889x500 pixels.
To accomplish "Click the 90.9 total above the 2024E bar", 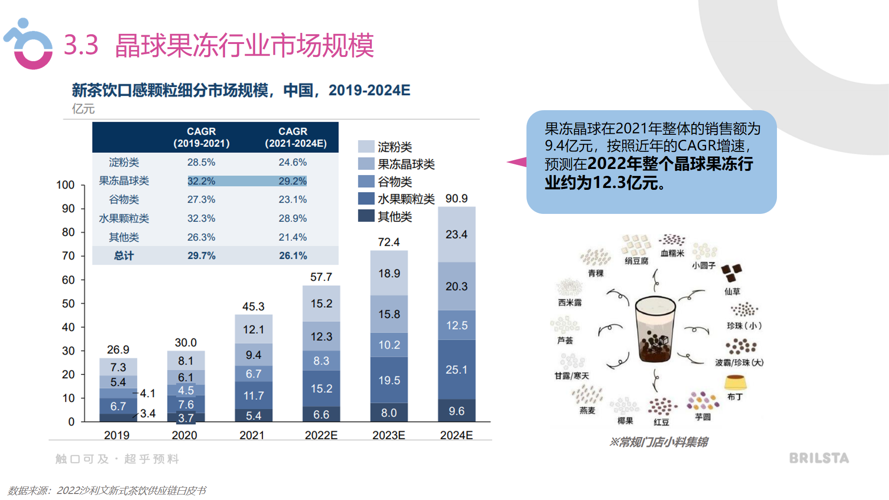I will pos(456,199).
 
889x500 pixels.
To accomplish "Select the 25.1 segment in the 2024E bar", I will pos(456,369).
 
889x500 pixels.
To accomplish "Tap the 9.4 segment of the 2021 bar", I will pos(253,355).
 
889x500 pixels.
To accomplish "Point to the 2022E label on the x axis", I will pos(321,435).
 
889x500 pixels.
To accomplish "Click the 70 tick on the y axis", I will pos(68,256).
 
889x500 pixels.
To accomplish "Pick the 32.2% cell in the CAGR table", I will pos(201,181).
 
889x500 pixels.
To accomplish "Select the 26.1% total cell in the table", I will pos(293,256).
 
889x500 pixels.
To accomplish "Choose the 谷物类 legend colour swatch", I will pos(366,181).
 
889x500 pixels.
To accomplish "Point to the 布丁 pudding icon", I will pos(735,382).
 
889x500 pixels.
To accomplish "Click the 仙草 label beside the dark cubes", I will pos(732,291).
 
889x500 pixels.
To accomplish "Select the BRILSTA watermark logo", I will pos(819,458).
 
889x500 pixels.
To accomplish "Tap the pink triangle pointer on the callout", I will pos(518,162).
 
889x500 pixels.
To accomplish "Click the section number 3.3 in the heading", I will pos(81,45).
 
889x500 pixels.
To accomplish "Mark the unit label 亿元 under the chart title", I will pos(83,109).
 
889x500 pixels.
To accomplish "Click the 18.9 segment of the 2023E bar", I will pos(389,274).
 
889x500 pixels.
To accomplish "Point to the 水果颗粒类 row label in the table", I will pos(124,219).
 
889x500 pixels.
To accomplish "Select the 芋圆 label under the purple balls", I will pos(702,417).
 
